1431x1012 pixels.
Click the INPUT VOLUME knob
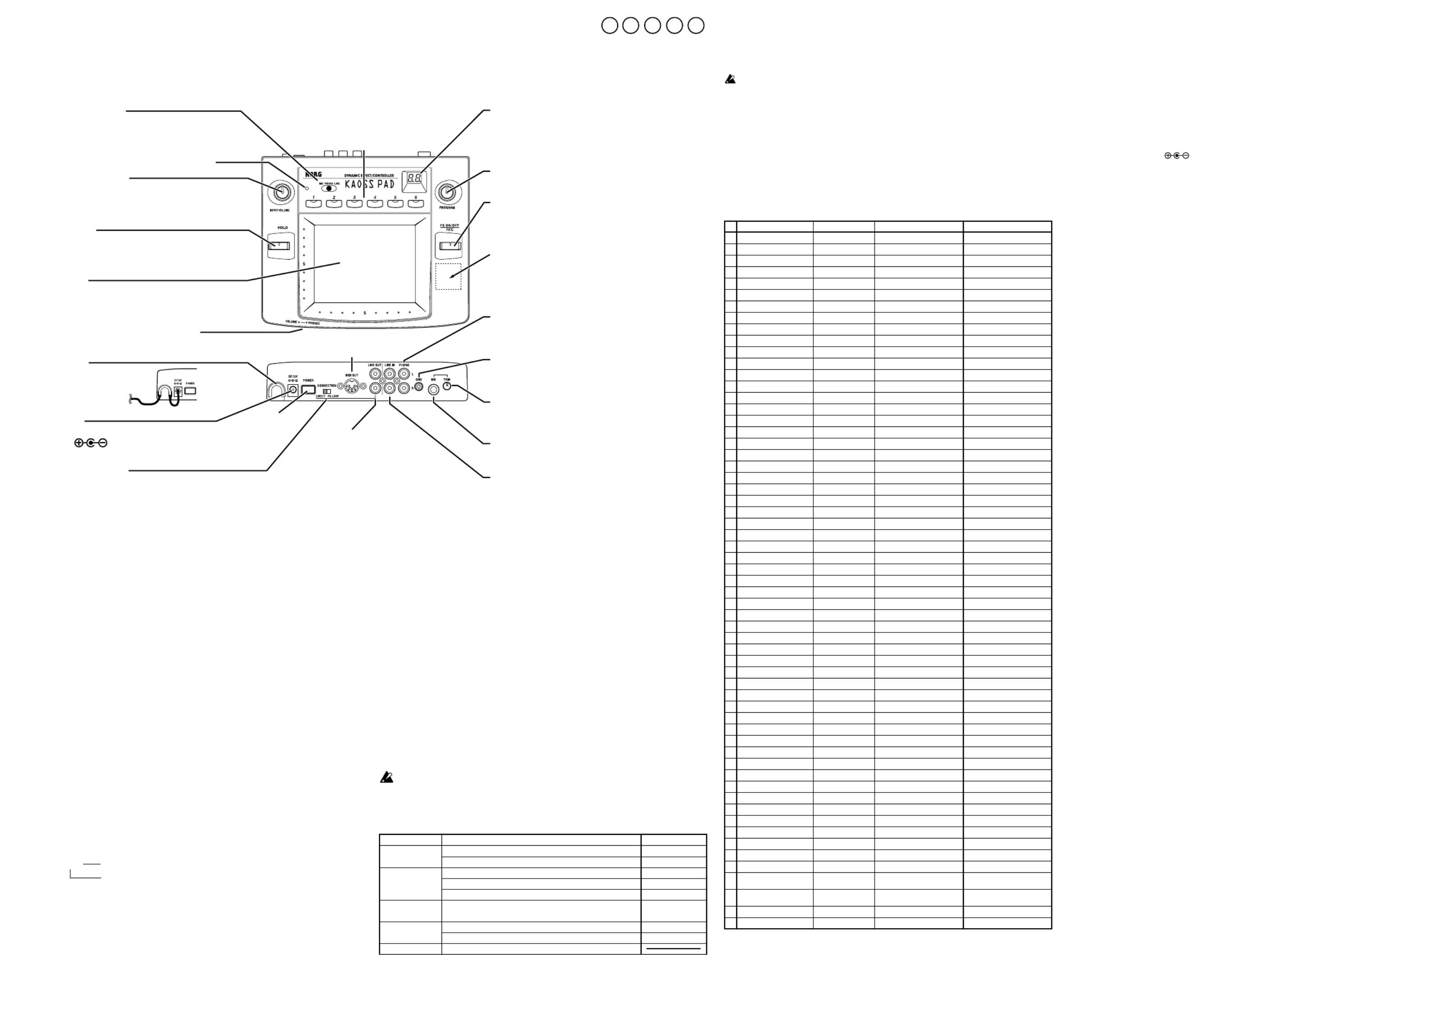[280, 192]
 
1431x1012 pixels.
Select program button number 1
[314, 203]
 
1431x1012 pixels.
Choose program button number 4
[374, 203]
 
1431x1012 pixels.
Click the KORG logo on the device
[314, 174]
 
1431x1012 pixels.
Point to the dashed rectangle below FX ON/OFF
[448, 276]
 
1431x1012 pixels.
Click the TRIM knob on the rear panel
[447, 386]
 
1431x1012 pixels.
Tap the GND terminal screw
[419, 387]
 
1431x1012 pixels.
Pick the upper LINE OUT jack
[375, 374]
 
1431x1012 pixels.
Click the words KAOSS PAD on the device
[369, 184]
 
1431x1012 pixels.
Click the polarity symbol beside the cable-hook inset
[91, 443]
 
